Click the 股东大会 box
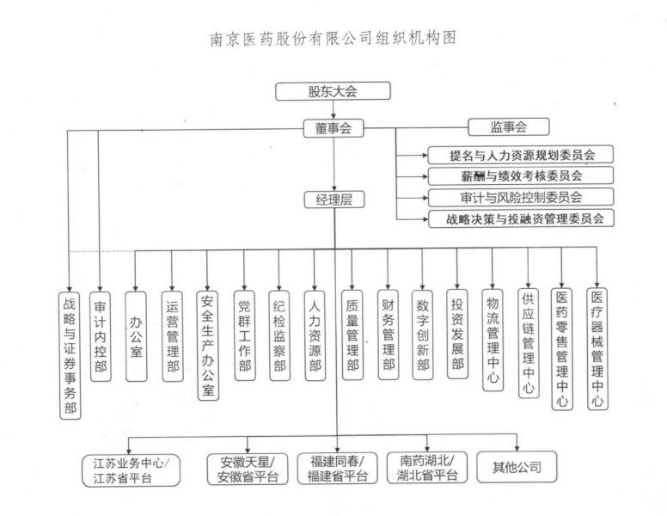[x=333, y=90]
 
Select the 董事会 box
[x=333, y=128]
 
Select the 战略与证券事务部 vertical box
[x=70, y=353]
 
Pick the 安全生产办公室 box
[x=207, y=344]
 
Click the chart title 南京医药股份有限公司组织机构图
[x=332, y=39]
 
